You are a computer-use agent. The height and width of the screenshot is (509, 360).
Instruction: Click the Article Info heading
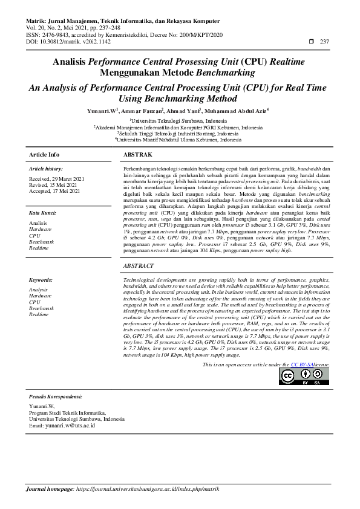tap(44, 155)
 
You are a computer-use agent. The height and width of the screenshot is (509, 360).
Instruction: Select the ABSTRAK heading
tap(137, 155)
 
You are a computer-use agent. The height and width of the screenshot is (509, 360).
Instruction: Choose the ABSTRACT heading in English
tap(139, 266)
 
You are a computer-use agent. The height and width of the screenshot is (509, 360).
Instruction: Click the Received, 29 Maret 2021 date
tap(57, 179)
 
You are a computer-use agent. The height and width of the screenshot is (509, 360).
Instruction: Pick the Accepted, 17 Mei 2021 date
tap(54, 191)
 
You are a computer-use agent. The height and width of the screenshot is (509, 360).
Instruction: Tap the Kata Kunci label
tap(43, 213)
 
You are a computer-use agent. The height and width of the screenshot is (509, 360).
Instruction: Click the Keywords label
tap(41, 280)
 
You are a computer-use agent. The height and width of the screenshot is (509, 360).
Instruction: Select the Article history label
tap(46, 169)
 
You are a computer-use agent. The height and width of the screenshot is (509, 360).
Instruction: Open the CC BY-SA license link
tap(303, 365)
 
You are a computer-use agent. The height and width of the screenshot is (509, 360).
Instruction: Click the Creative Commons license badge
tap(304, 377)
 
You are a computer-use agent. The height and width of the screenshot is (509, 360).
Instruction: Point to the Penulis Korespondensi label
tap(56, 396)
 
